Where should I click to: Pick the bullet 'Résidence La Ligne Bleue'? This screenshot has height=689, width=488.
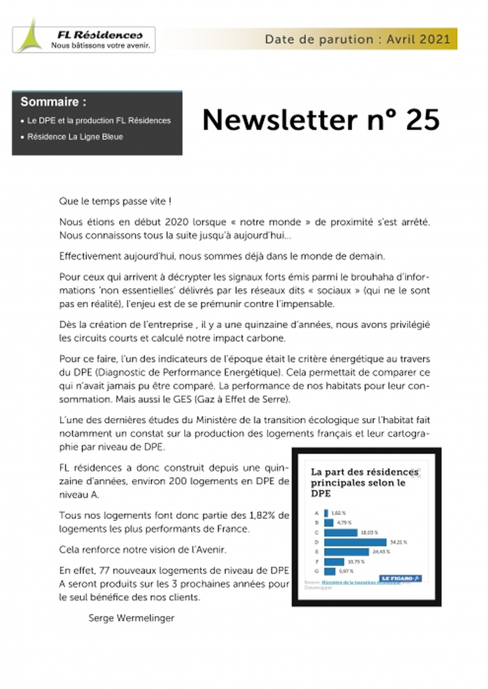[75, 137]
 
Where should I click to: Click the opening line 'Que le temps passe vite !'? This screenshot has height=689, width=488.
[115, 201]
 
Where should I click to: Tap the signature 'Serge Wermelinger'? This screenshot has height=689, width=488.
[131, 618]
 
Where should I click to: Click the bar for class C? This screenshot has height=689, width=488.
[341, 533]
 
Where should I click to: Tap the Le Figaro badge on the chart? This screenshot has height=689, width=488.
[400, 578]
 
